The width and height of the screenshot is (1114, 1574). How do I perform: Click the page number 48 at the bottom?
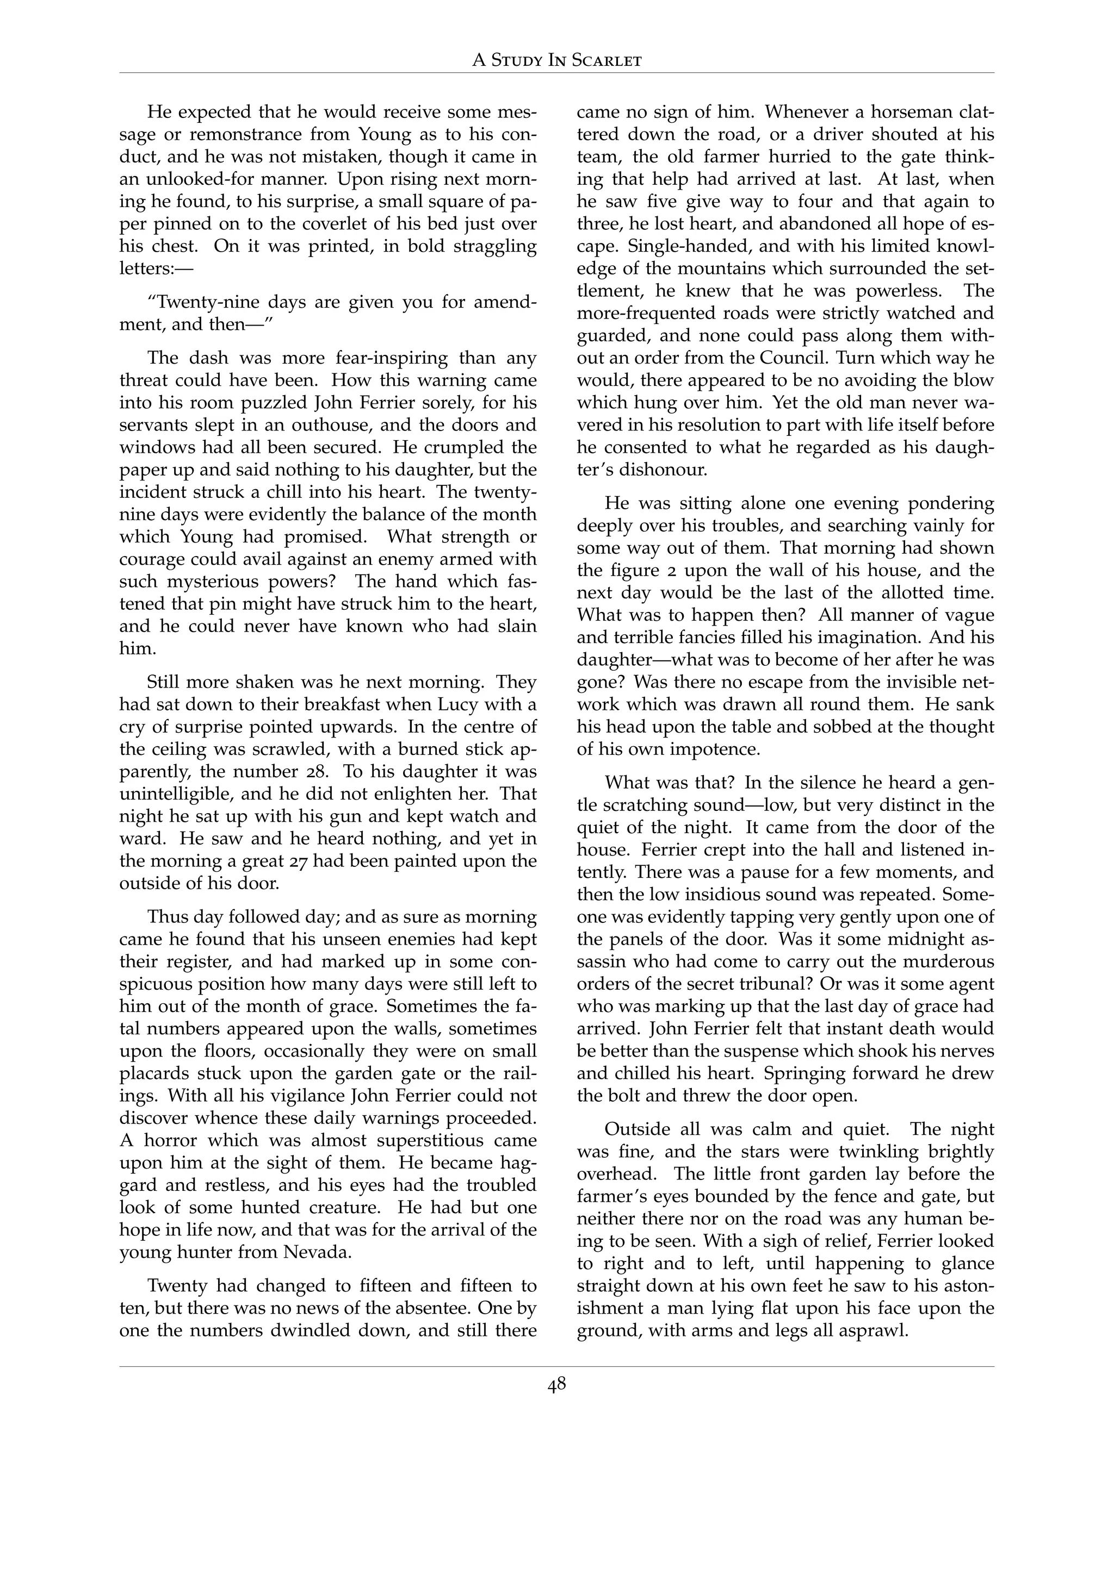[x=556, y=1385]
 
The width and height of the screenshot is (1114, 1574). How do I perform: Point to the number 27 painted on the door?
[x=296, y=861]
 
